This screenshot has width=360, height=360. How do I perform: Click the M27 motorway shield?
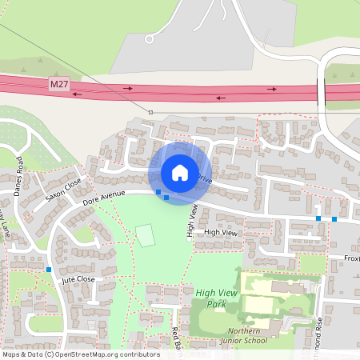(x=58, y=84)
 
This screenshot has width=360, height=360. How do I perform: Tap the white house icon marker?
(x=180, y=172)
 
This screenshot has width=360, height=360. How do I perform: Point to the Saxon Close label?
(x=64, y=189)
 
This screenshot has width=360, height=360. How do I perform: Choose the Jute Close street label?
(x=78, y=278)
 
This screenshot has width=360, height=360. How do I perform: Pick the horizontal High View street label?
(x=222, y=232)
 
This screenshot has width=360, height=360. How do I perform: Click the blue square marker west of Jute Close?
(x=49, y=270)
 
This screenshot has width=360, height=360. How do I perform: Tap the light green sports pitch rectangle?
(x=145, y=235)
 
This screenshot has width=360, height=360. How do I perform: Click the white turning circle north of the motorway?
(x=149, y=38)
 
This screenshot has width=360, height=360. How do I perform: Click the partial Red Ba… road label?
(x=176, y=339)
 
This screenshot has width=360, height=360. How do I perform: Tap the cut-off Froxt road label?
(x=352, y=258)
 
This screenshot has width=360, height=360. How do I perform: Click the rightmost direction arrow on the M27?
(x=272, y=89)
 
